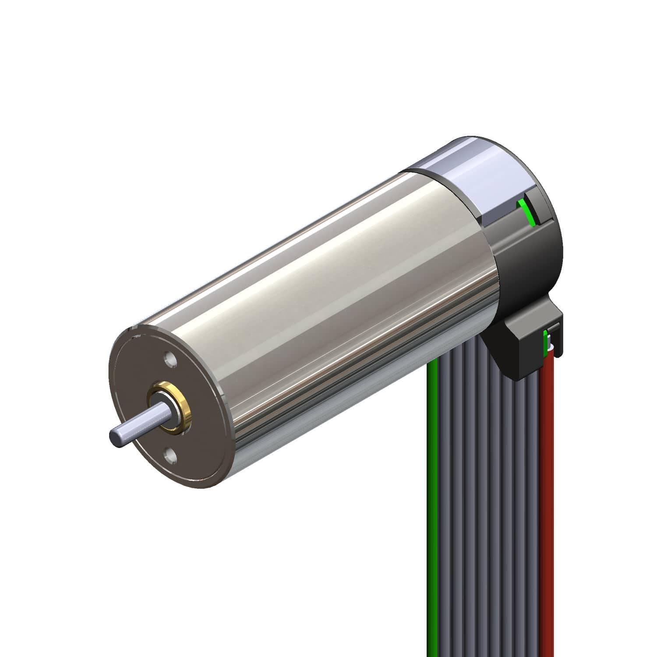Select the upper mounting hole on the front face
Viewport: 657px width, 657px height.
169,360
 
